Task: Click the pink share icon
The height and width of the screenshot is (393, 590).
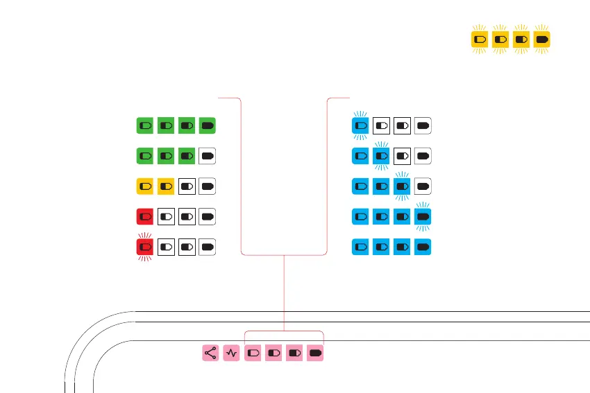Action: [211, 353]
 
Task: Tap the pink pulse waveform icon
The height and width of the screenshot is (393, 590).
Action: [232, 353]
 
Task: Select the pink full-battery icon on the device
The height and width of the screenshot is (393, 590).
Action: [316, 353]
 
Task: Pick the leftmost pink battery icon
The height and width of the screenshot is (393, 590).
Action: [253, 353]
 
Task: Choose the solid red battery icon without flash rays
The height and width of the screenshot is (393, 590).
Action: [145, 216]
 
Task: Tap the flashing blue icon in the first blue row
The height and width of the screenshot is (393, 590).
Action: [360, 125]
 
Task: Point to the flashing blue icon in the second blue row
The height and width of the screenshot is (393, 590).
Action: [381, 156]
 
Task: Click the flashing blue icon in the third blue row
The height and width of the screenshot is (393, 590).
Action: [402, 186]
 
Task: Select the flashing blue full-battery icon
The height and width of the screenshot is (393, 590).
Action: [423, 216]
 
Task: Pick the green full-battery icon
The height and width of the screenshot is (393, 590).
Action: [208, 125]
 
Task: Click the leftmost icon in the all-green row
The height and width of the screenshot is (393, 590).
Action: [145, 125]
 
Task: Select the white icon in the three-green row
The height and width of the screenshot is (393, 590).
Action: [208, 156]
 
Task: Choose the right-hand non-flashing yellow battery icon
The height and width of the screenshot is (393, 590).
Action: [166, 186]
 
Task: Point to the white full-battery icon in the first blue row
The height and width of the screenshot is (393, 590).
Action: [423, 125]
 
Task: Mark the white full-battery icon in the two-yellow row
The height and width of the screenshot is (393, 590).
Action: [208, 186]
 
